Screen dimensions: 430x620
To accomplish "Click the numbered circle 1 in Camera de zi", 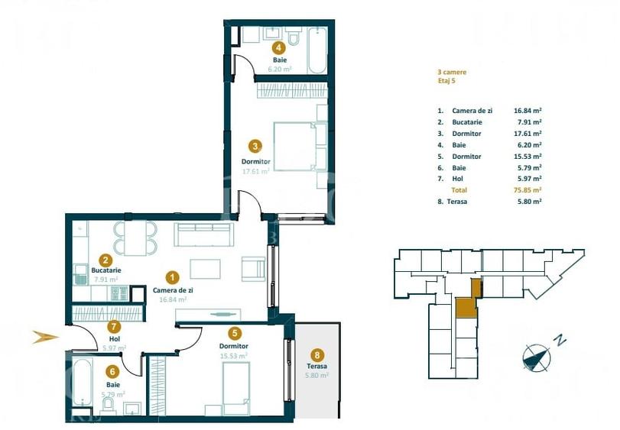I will click(174, 278).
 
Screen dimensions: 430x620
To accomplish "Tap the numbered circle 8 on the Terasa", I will click(316, 354).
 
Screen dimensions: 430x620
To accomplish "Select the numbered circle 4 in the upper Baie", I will click(279, 46).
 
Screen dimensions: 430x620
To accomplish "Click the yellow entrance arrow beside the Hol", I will click(45, 336).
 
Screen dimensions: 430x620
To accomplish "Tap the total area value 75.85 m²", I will click(528, 189).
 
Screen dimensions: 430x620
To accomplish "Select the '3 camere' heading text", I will click(452, 72).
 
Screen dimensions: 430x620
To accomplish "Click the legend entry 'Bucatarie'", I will click(466, 122).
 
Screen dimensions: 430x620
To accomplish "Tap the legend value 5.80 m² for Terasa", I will click(528, 201).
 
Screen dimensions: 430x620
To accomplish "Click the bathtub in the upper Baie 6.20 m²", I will click(317, 50).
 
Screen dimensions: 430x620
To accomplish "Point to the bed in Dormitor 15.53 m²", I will click(236, 388).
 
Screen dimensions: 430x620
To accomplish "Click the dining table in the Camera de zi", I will click(135, 237).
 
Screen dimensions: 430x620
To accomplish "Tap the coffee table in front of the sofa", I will click(205, 270).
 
